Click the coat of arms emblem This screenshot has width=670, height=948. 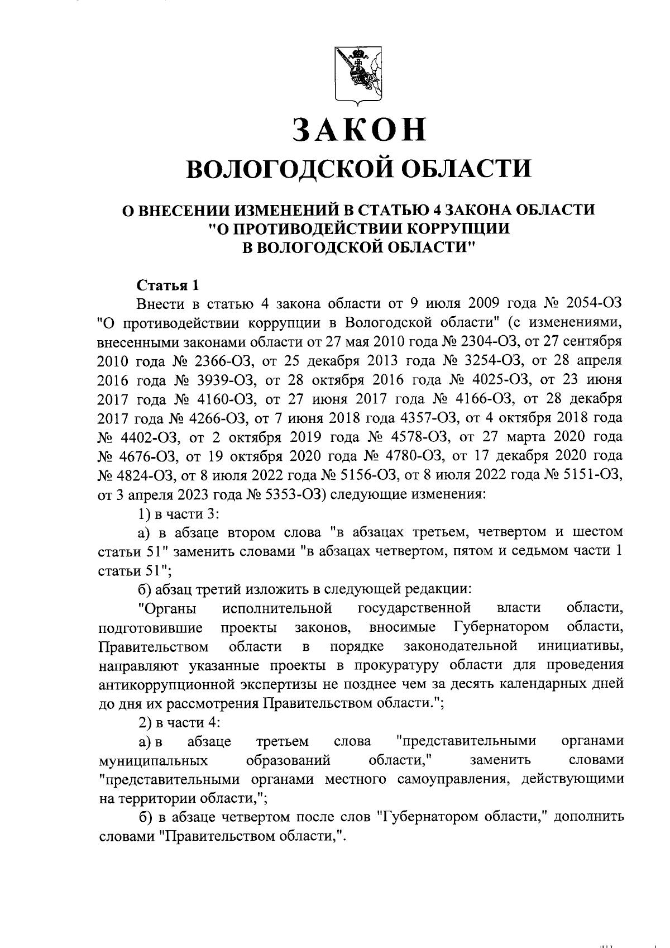[357, 76]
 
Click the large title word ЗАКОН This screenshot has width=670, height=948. [359, 129]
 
